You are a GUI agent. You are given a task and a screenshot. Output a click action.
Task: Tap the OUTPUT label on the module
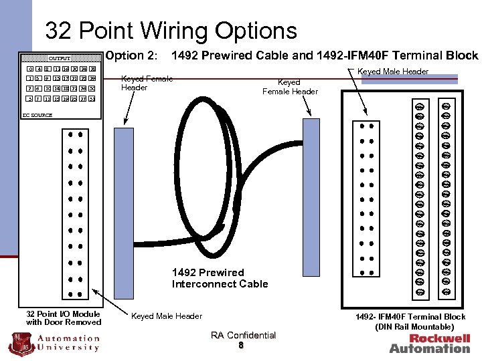click(x=58, y=58)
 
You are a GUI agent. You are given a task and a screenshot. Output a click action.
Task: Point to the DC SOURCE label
click(x=37, y=116)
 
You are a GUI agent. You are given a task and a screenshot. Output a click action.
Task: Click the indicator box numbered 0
click(x=31, y=69)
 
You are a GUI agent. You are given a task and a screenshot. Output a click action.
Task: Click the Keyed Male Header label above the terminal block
click(x=393, y=71)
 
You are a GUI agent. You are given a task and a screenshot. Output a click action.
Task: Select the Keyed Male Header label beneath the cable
click(x=166, y=316)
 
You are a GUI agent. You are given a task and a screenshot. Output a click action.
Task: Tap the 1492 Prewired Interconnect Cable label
click(x=220, y=278)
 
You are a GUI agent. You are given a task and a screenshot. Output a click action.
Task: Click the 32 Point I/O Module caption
click(x=64, y=318)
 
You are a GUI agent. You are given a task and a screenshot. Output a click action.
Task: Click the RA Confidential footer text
click(x=243, y=335)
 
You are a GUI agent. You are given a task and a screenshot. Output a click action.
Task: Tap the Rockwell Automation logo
click(x=430, y=343)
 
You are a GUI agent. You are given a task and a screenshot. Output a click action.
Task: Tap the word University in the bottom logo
click(x=70, y=346)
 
